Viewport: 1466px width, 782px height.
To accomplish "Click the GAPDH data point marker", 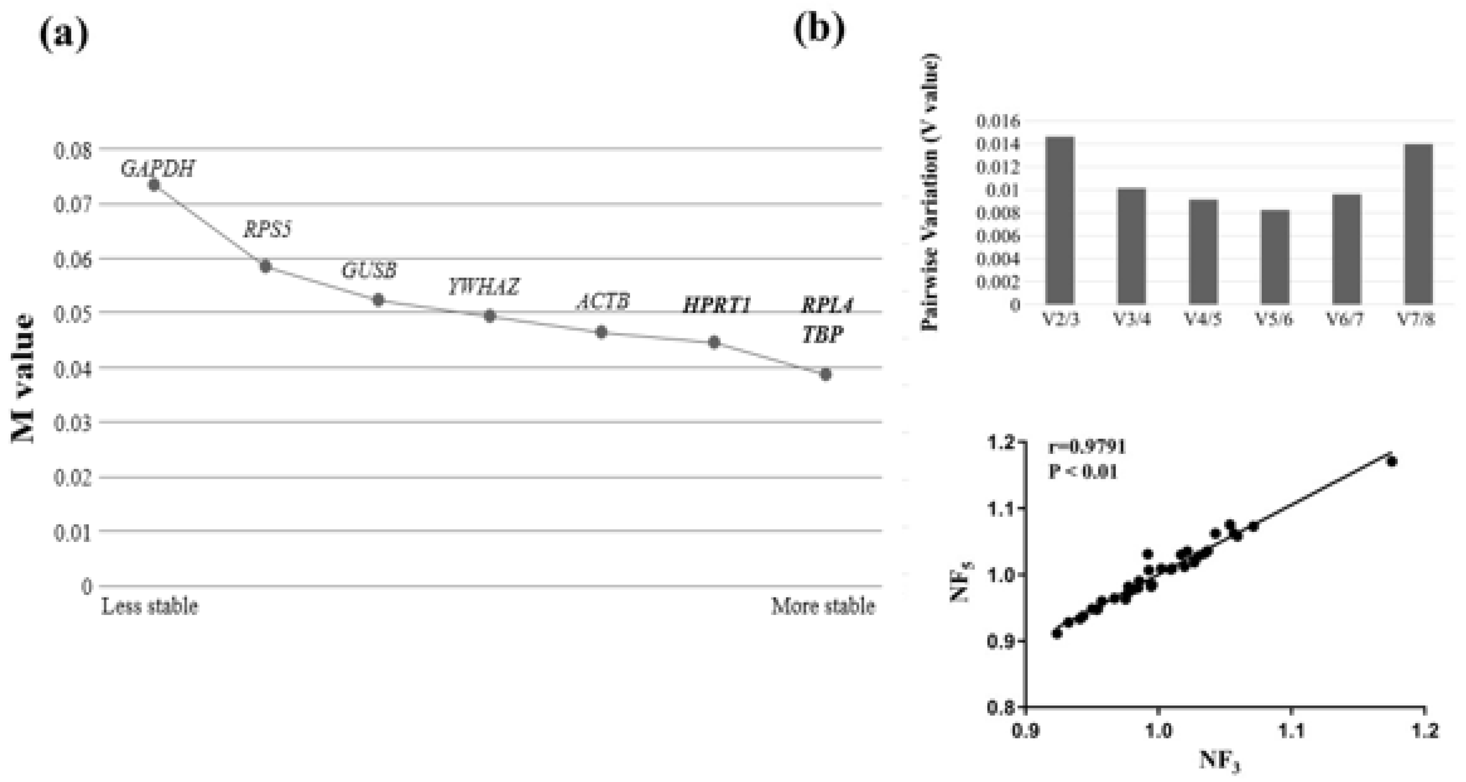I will pos(154,184).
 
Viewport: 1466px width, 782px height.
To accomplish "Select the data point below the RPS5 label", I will pos(265,266).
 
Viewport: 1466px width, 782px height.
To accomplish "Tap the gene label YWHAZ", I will pos(483,286).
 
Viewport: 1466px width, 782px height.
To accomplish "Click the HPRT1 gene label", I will pos(716,306).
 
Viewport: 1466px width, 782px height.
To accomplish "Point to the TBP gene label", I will pos(822,334).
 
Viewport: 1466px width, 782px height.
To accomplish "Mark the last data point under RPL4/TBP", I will pos(826,374).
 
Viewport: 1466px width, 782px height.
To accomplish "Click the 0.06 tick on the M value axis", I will pos(72,260).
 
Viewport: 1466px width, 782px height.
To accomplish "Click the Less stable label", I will pos(150,606).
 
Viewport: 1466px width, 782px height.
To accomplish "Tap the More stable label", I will pos(822,606).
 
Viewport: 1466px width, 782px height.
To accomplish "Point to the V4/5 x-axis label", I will pos(1203,320).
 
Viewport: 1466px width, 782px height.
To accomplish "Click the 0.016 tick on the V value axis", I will pos(998,121).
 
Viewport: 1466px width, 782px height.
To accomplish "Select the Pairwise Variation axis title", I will pos(930,191).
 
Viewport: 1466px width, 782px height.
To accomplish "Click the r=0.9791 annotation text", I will pos(1087,447).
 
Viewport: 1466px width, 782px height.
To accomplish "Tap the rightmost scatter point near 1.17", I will pos(1392,461).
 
